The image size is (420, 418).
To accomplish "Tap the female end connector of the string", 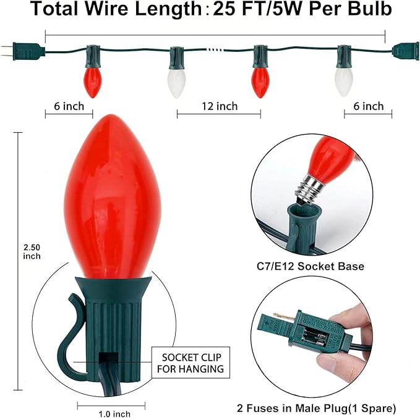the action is pos(405,51).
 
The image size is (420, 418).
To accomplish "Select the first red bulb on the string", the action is pos(93,82).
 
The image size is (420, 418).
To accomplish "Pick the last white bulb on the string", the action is pos(344,82).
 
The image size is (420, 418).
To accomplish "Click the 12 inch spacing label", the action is pos(220,106).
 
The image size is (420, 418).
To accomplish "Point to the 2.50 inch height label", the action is pos(32,252).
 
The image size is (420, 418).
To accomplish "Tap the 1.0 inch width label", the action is pos(114,414).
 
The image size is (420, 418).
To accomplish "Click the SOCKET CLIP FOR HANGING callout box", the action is pos(191,362).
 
